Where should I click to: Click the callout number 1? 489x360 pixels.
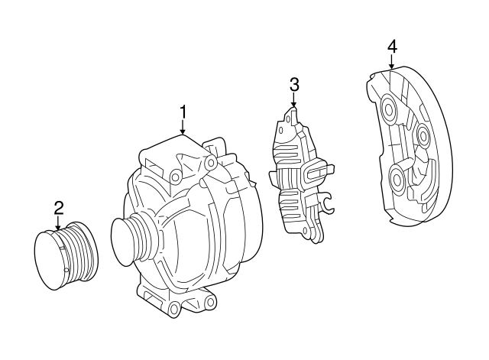pos(183,112)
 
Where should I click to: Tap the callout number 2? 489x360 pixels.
pos(58,206)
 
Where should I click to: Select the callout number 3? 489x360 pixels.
pos(293,84)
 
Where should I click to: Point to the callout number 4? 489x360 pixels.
pos(391,47)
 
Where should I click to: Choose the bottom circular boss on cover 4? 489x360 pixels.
pos(397,180)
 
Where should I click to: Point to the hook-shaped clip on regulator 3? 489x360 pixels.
pos(327,203)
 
